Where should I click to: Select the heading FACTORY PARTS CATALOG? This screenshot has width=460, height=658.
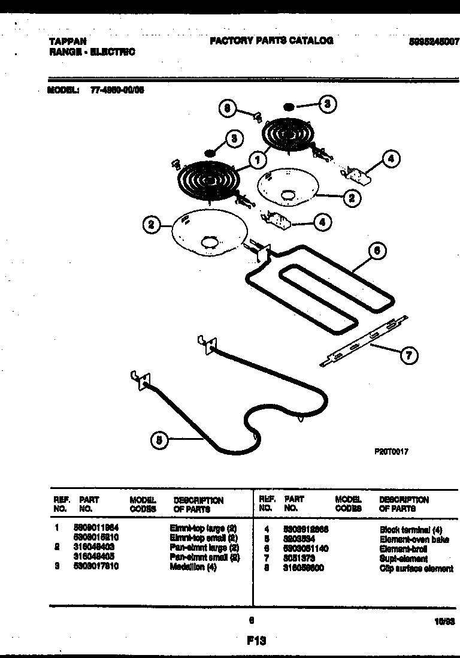[271, 41]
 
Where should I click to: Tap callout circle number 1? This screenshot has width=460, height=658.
[257, 160]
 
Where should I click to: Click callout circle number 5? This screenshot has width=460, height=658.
[159, 440]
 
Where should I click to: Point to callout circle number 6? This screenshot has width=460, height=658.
[376, 252]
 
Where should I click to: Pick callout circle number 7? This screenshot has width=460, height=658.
[409, 355]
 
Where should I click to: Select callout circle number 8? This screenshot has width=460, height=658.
[227, 108]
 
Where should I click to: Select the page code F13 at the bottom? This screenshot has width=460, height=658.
[256, 641]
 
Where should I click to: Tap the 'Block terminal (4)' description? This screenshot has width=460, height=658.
[410, 530]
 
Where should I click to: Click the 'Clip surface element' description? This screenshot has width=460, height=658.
[416, 568]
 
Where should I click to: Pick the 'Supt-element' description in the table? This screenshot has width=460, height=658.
[404, 559]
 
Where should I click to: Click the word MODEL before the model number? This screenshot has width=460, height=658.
[62, 90]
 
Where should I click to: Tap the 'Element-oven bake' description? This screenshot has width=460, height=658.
[414, 539]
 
